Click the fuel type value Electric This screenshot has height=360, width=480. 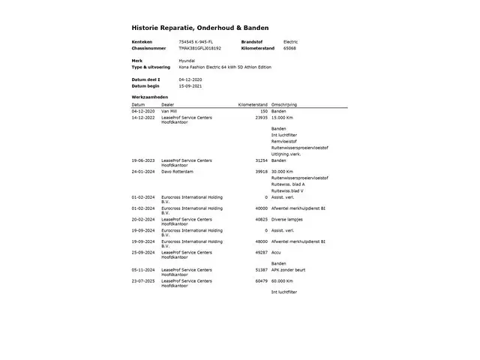coord(290,41)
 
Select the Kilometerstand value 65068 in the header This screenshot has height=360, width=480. coord(289,47)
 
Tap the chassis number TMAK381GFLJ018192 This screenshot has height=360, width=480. coord(200,47)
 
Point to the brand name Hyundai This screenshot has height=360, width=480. coord(187,60)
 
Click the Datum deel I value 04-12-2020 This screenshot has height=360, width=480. coord(190,79)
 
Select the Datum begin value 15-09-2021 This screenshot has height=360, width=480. coord(190,85)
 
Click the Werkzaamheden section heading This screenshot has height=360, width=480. coord(148,98)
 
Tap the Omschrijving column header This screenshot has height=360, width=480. coord(285,105)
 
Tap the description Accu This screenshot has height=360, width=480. coord(277,253)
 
